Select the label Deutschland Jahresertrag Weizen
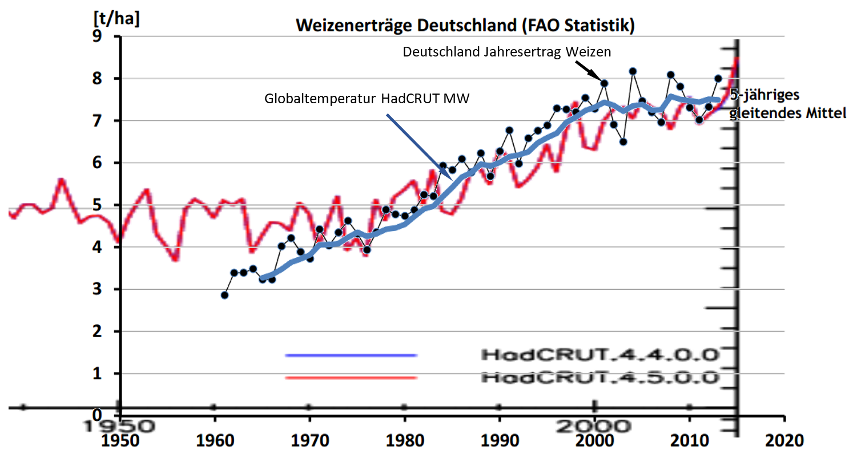[507, 52]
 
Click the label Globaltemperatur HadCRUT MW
[367, 99]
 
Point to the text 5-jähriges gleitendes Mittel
[788, 103]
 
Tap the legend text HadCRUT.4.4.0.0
[599, 355]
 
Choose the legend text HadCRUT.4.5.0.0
[599, 377]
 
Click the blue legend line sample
[351, 355]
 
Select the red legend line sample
[351, 378]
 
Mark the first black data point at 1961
[224, 295]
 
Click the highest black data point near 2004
[633, 71]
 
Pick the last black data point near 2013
[718, 79]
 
